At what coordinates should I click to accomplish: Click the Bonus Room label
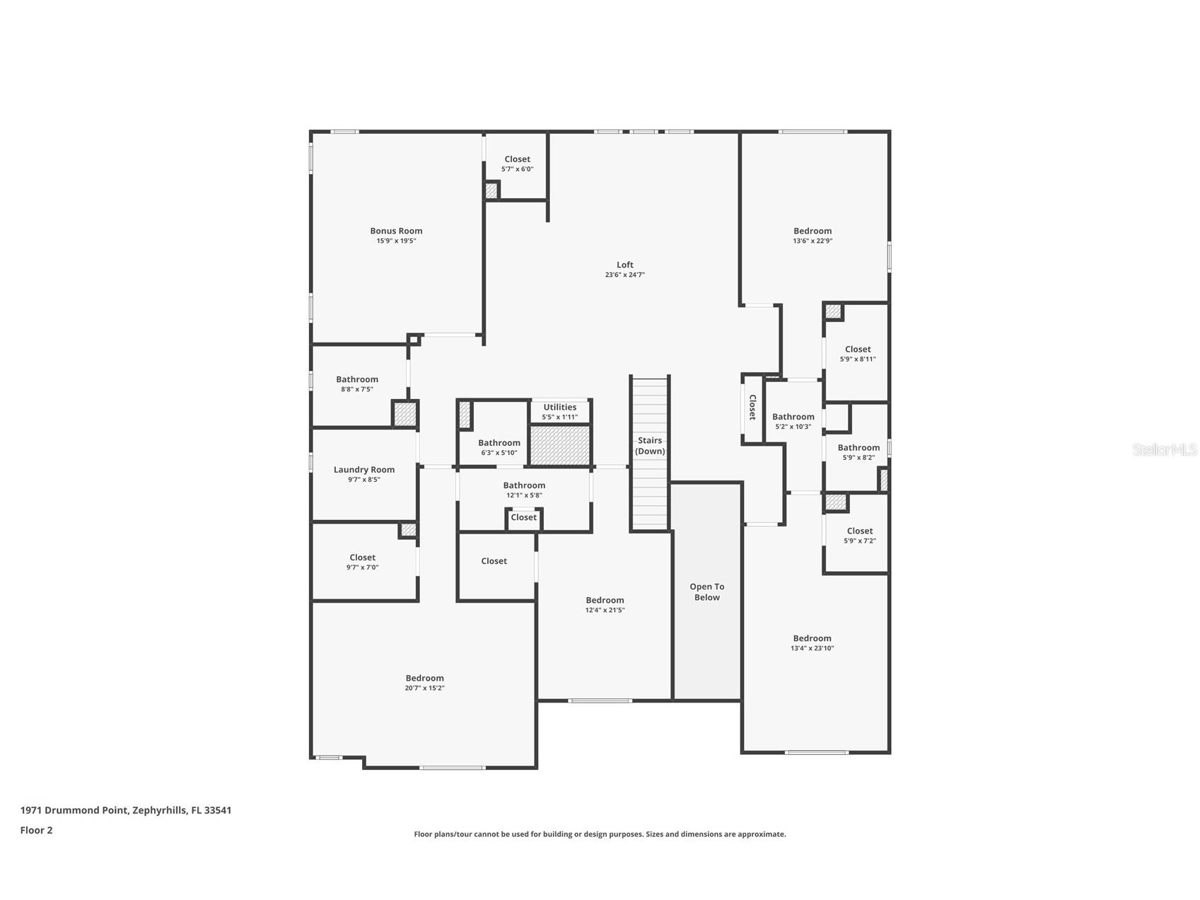396,231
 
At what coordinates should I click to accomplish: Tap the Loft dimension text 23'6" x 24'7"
624,275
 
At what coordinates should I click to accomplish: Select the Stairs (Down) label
649,446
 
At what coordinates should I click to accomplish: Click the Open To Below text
706,592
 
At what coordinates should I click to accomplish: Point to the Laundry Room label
363,470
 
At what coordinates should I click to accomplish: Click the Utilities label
559,407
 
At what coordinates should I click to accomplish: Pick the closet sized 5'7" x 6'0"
517,164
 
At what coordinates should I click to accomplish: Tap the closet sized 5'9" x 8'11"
857,354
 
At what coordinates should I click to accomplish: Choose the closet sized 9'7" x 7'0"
362,562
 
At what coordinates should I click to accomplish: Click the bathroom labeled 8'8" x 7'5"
356,383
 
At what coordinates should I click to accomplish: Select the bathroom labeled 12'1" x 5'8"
524,490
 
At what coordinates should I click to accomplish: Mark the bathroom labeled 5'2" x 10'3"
793,421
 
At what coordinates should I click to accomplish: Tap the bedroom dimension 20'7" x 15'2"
424,688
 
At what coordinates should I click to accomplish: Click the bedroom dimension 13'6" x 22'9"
812,241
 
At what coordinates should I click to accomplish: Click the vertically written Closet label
752,408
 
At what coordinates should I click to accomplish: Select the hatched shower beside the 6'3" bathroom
559,445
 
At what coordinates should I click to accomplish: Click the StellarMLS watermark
1164,449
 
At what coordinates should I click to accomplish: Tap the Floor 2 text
36,831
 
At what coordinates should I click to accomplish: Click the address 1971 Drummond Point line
126,810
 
